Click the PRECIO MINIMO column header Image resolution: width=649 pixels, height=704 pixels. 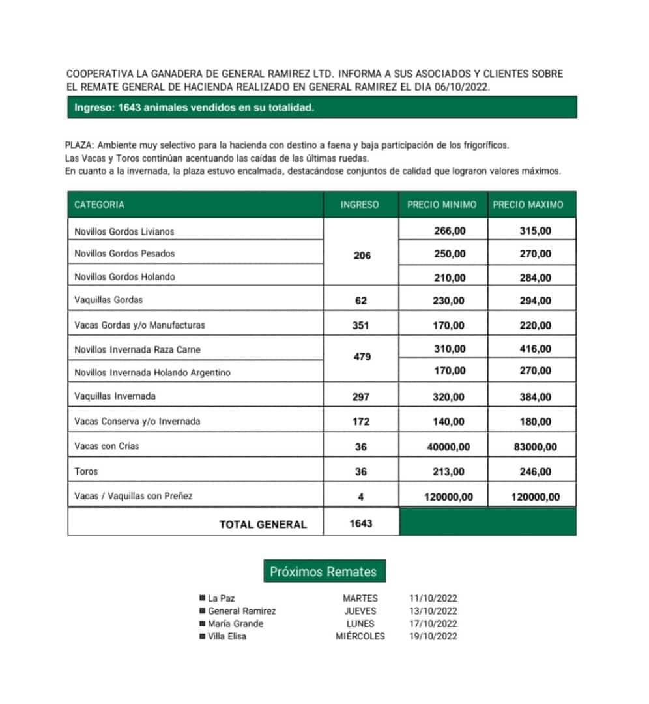442,205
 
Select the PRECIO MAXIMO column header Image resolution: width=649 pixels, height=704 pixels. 528,205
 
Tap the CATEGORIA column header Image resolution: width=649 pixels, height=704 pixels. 99,205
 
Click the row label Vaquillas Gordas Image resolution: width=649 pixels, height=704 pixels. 108,301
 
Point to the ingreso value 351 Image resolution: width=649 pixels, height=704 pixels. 360,325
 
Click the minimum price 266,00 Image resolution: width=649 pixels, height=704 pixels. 450,231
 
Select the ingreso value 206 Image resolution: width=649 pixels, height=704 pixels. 362,256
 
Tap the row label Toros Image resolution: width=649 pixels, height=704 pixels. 86,471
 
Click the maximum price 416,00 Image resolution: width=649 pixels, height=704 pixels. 536,349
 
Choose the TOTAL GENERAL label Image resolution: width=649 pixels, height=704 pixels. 263,524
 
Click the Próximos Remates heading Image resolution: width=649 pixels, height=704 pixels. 323,572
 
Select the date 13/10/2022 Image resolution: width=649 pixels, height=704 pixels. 433,611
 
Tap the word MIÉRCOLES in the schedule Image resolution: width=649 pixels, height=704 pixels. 360,636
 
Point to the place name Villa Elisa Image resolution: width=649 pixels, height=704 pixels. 227,636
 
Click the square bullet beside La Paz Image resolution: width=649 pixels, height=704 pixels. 203,598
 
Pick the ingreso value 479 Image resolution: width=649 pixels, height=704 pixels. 362,357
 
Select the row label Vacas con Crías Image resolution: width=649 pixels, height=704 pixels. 107,447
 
